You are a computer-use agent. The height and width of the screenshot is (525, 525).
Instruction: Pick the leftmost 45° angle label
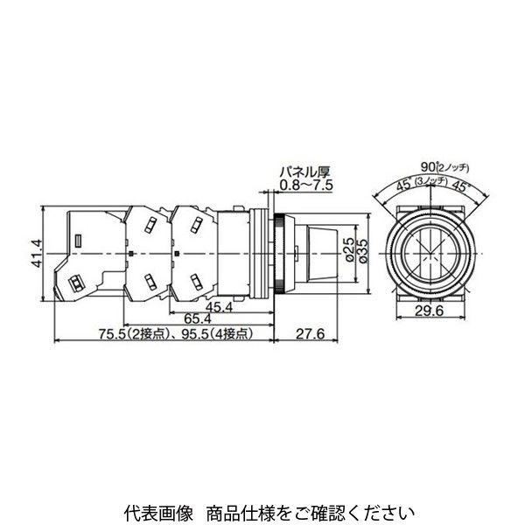[x=402, y=184]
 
